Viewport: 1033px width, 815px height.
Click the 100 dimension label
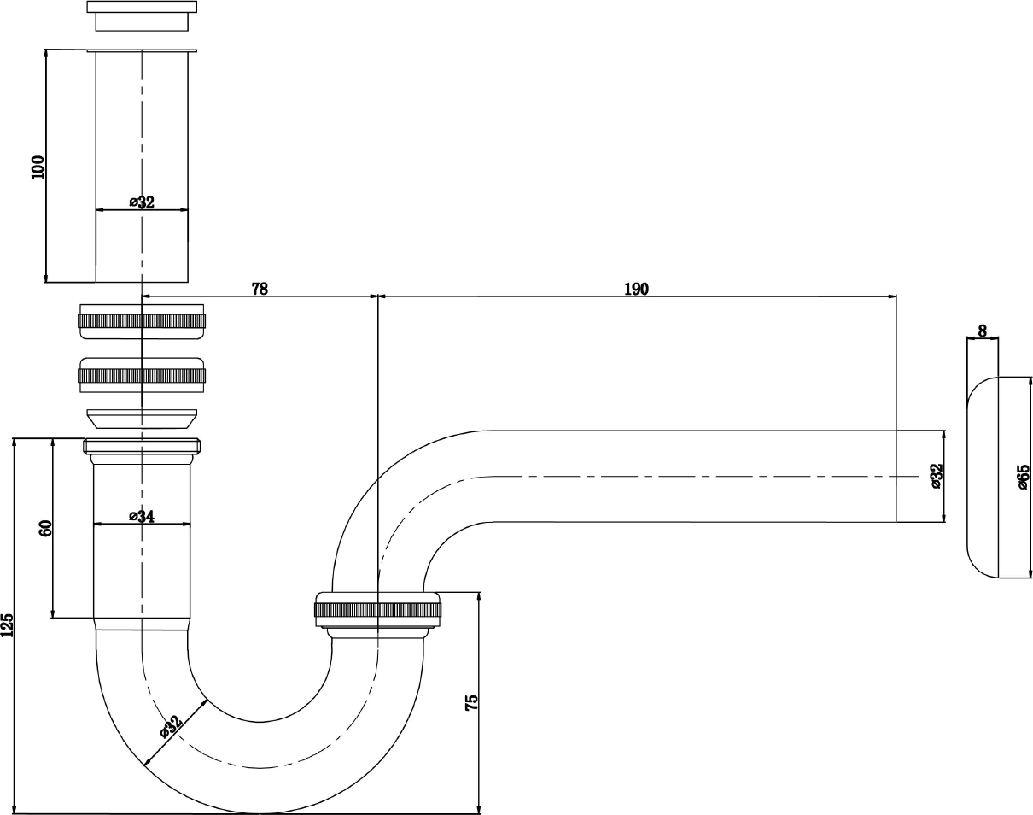point(38,167)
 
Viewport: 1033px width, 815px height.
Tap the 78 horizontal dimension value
point(260,289)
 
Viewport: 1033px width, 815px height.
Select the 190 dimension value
point(637,289)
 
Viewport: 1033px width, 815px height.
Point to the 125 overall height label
point(8,625)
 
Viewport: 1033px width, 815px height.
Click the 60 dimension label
point(44,529)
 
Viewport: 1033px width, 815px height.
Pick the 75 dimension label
point(472,702)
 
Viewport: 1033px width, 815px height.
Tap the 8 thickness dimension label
point(982,331)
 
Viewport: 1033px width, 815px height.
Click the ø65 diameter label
point(1024,477)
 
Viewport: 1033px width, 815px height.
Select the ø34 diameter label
point(142,516)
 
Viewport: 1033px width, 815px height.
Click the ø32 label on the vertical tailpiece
point(142,202)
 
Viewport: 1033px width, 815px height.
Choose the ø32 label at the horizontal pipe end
point(937,476)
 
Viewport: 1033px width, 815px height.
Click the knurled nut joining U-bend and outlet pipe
point(378,610)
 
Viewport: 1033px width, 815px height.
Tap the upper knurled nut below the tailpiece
point(142,321)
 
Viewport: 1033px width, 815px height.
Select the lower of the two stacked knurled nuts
point(142,375)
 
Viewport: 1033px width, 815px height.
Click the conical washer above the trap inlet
point(142,419)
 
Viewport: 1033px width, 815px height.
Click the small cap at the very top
point(142,16)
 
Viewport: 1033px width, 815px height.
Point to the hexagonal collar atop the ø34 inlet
point(142,446)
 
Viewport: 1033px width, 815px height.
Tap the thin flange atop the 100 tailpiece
point(142,50)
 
